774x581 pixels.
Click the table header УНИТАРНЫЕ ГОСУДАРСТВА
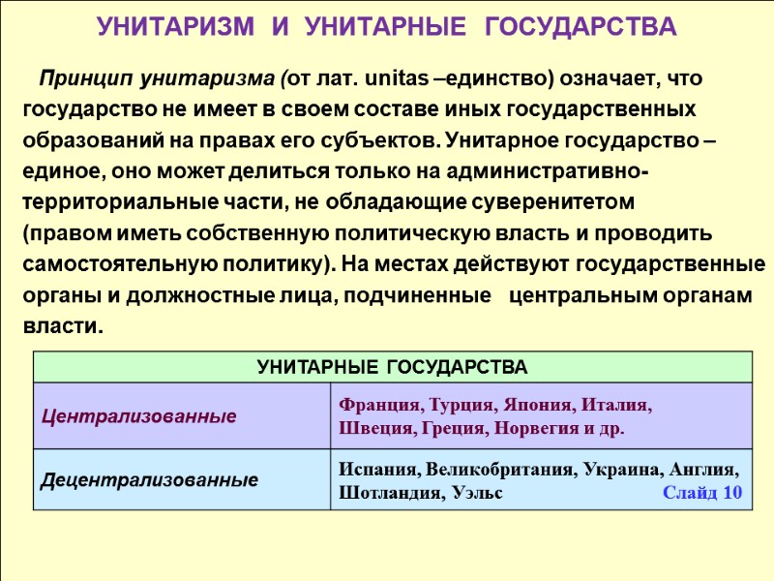392,367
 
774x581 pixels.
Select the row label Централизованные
138,416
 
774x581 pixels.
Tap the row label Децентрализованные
149,479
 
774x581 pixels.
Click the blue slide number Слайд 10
702,492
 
